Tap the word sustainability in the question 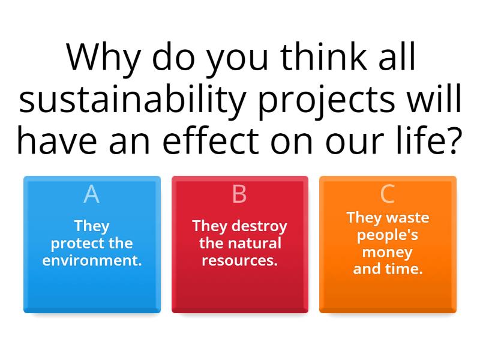pyautogui.click(x=132, y=100)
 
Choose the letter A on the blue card pyautogui.click(x=91, y=194)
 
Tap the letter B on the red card pyautogui.click(x=239, y=194)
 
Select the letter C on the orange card pyautogui.click(x=388, y=194)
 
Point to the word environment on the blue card pyautogui.click(x=92, y=261)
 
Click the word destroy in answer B pyautogui.click(x=259, y=226)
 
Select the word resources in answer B pyautogui.click(x=239, y=261)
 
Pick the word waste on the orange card pyautogui.click(x=407, y=217)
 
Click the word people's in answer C pyautogui.click(x=388, y=235)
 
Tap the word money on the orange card pyautogui.click(x=388, y=252)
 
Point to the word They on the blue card pyautogui.click(x=92, y=226)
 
